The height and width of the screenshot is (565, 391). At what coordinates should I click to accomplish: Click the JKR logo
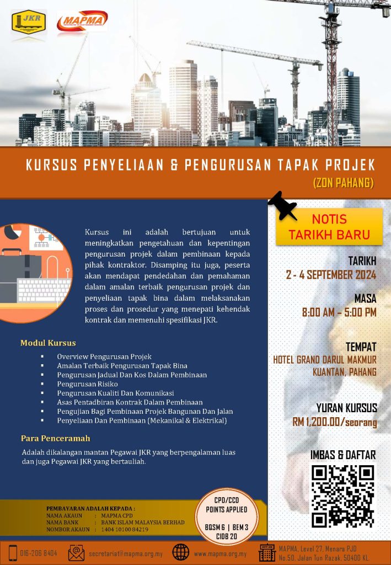coord(29,22)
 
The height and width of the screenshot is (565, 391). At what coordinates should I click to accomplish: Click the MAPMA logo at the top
coord(82,22)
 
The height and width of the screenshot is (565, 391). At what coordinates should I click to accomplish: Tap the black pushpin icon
coord(282,206)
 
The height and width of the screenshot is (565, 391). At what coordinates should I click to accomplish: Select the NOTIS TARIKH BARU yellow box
coord(329,226)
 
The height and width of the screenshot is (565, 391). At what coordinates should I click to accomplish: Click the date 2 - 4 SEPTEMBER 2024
coord(331,274)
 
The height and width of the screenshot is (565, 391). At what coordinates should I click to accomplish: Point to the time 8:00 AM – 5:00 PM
coord(339,312)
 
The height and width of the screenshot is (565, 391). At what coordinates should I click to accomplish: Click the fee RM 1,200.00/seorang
coord(335,422)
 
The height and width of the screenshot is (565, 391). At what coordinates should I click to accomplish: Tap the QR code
coord(342,495)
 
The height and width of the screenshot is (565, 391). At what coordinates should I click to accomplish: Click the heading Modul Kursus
coord(48,343)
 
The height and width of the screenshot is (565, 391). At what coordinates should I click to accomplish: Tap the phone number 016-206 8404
coord(39,553)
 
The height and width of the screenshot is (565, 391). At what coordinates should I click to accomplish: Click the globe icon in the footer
coord(180,552)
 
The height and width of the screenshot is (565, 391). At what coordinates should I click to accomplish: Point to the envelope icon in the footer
coord(76,552)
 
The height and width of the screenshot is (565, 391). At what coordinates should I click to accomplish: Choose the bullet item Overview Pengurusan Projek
coord(104,356)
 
